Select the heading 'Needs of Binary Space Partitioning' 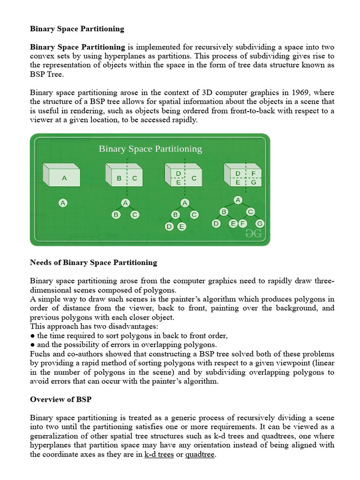(x=94, y=262)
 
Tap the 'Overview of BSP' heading (x=59, y=399)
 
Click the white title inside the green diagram (x=150, y=149)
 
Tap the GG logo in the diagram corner (x=254, y=233)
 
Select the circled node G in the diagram (x=259, y=224)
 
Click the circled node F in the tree (x=242, y=224)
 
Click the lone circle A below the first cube (x=63, y=203)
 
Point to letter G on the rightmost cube (x=253, y=182)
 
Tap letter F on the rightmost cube (x=253, y=174)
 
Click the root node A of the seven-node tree (x=238, y=200)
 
